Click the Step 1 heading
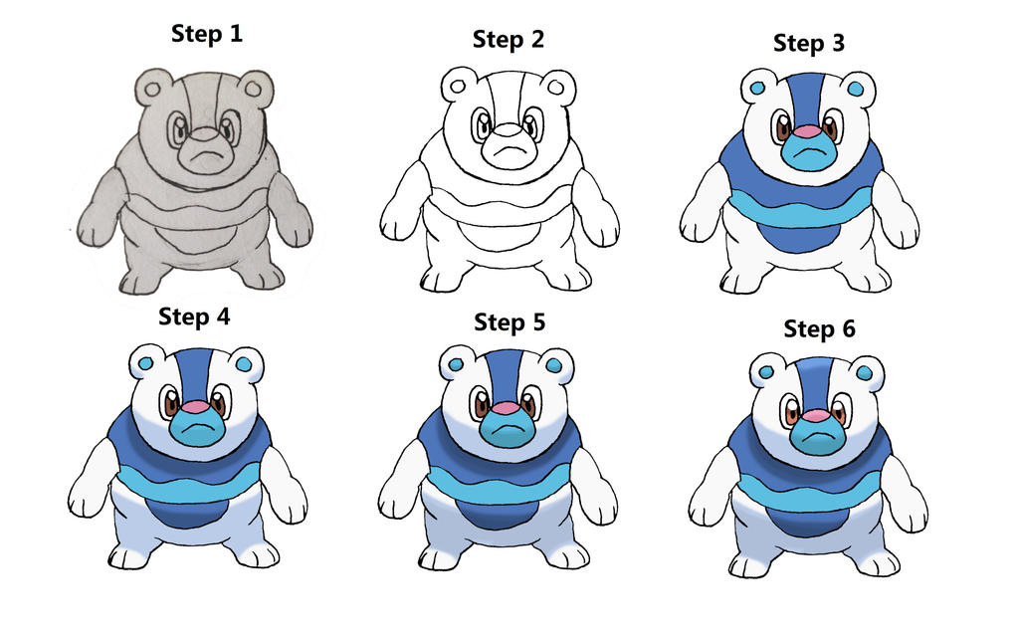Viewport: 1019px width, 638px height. point(207,34)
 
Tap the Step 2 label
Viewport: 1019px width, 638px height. point(509,40)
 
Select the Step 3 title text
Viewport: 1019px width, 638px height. point(809,44)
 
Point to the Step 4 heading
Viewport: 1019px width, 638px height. point(194,318)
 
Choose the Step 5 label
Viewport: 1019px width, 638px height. point(509,322)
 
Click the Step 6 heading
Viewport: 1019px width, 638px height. point(820,328)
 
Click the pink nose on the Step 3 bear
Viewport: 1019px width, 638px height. point(808,131)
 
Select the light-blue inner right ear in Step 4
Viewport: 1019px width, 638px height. point(244,364)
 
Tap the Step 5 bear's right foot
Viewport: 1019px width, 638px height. point(566,552)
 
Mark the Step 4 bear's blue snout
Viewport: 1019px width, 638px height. point(198,428)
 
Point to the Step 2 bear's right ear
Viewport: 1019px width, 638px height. point(557,88)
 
